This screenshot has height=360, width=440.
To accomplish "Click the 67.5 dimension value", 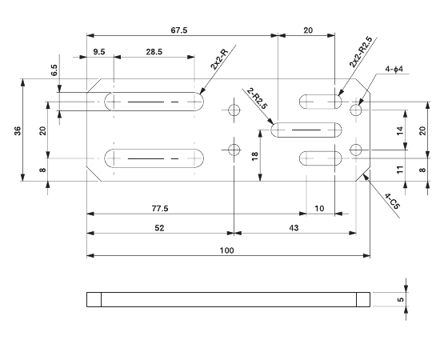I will click(x=179, y=30).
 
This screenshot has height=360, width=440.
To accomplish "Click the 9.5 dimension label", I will click(x=99, y=52).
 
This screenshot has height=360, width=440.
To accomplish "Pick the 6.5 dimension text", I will click(x=54, y=70).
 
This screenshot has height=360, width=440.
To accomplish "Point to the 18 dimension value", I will click(x=255, y=156).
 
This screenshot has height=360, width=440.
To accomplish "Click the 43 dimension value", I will click(x=294, y=229).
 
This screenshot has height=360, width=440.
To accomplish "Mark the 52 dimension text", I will click(x=159, y=229).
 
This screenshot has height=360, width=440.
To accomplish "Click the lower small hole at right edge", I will click(x=356, y=149).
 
